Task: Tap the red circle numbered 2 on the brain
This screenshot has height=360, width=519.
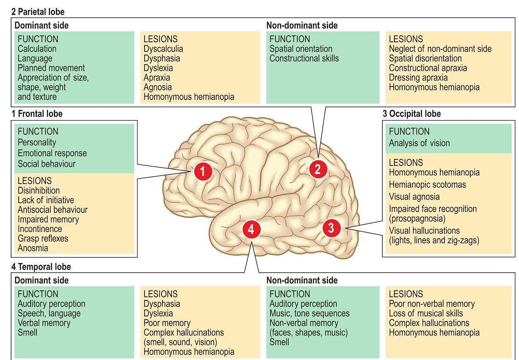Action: click(x=318, y=169)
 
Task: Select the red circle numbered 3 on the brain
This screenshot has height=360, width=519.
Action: click(x=331, y=227)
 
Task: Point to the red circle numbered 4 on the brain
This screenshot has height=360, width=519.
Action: click(x=251, y=229)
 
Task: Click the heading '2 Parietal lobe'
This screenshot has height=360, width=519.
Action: click(x=38, y=12)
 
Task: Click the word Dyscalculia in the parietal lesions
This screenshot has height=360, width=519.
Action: click(x=163, y=49)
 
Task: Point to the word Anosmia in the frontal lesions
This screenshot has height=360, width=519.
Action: click(x=33, y=248)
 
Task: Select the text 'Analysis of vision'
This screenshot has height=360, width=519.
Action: click(x=419, y=143)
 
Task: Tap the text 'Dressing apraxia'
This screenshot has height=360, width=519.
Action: click(x=418, y=77)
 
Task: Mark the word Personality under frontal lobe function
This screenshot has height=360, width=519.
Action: click(x=37, y=142)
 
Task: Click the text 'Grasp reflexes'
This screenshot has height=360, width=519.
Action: click(x=43, y=239)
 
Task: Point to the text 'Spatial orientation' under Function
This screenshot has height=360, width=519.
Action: click(x=301, y=49)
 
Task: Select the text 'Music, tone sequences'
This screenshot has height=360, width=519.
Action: click(x=309, y=313)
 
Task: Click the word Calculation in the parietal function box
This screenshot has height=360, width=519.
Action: click(x=37, y=49)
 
